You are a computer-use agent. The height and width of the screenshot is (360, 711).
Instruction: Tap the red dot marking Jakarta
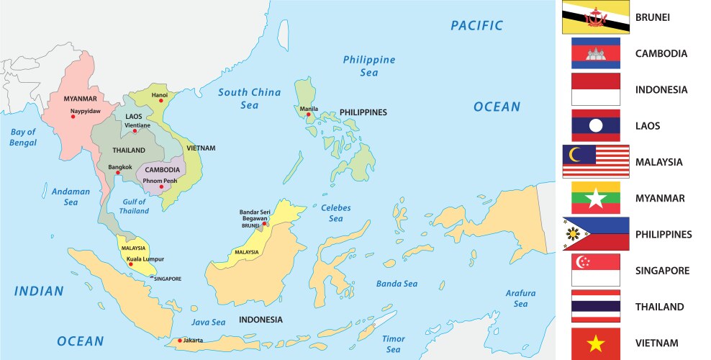click(x=179, y=341)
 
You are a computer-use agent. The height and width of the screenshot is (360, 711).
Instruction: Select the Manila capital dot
click(x=309, y=114)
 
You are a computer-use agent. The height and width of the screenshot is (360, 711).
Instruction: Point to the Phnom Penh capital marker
click(x=161, y=186)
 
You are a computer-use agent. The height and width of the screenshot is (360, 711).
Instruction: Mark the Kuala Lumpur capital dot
click(x=130, y=264)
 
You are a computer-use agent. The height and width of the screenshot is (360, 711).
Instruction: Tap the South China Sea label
click(x=249, y=98)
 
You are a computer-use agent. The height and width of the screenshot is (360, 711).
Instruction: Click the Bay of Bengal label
click(x=23, y=137)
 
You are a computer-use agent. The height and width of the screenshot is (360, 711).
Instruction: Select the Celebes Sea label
click(x=335, y=213)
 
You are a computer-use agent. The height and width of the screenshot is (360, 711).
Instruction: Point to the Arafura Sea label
click(x=520, y=298)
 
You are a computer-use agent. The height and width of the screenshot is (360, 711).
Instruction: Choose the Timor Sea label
click(x=393, y=343)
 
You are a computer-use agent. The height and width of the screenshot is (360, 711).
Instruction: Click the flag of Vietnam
click(x=595, y=343)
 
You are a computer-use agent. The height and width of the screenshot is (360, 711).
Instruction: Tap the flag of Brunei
click(x=595, y=17)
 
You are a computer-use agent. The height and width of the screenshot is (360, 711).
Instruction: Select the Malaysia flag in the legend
click(x=595, y=162)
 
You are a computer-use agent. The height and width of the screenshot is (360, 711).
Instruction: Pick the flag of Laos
click(x=595, y=126)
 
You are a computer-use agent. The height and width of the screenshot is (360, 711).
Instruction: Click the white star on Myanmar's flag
click(x=595, y=199)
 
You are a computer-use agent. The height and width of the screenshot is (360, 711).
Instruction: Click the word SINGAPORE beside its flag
click(x=662, y=271)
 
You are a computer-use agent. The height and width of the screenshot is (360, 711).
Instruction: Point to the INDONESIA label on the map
click(x=261, y=320)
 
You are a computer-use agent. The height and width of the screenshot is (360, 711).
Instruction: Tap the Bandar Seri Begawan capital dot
click(x=265, y=224)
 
